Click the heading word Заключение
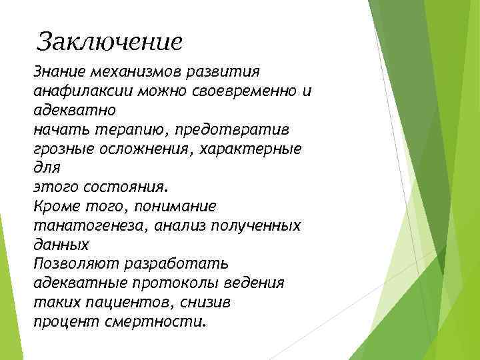[109, 41]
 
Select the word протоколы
[168, 283]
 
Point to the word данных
[61, 245]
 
